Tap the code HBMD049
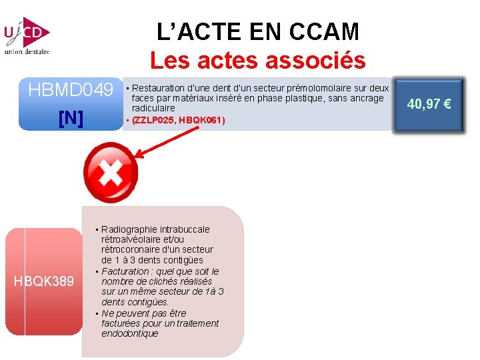(x=71, y=89)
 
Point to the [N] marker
(x=71, y=118)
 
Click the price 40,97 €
(x=429, y=104)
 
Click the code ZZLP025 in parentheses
(x=156, y=120)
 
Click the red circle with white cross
(x=109, y=173)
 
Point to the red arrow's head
(x=141, y=160)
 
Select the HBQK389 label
(x=44, y=281)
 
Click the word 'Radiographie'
(x=129, y=229)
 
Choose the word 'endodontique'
(x=130, y=333)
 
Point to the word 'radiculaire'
(x=153, y=108)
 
